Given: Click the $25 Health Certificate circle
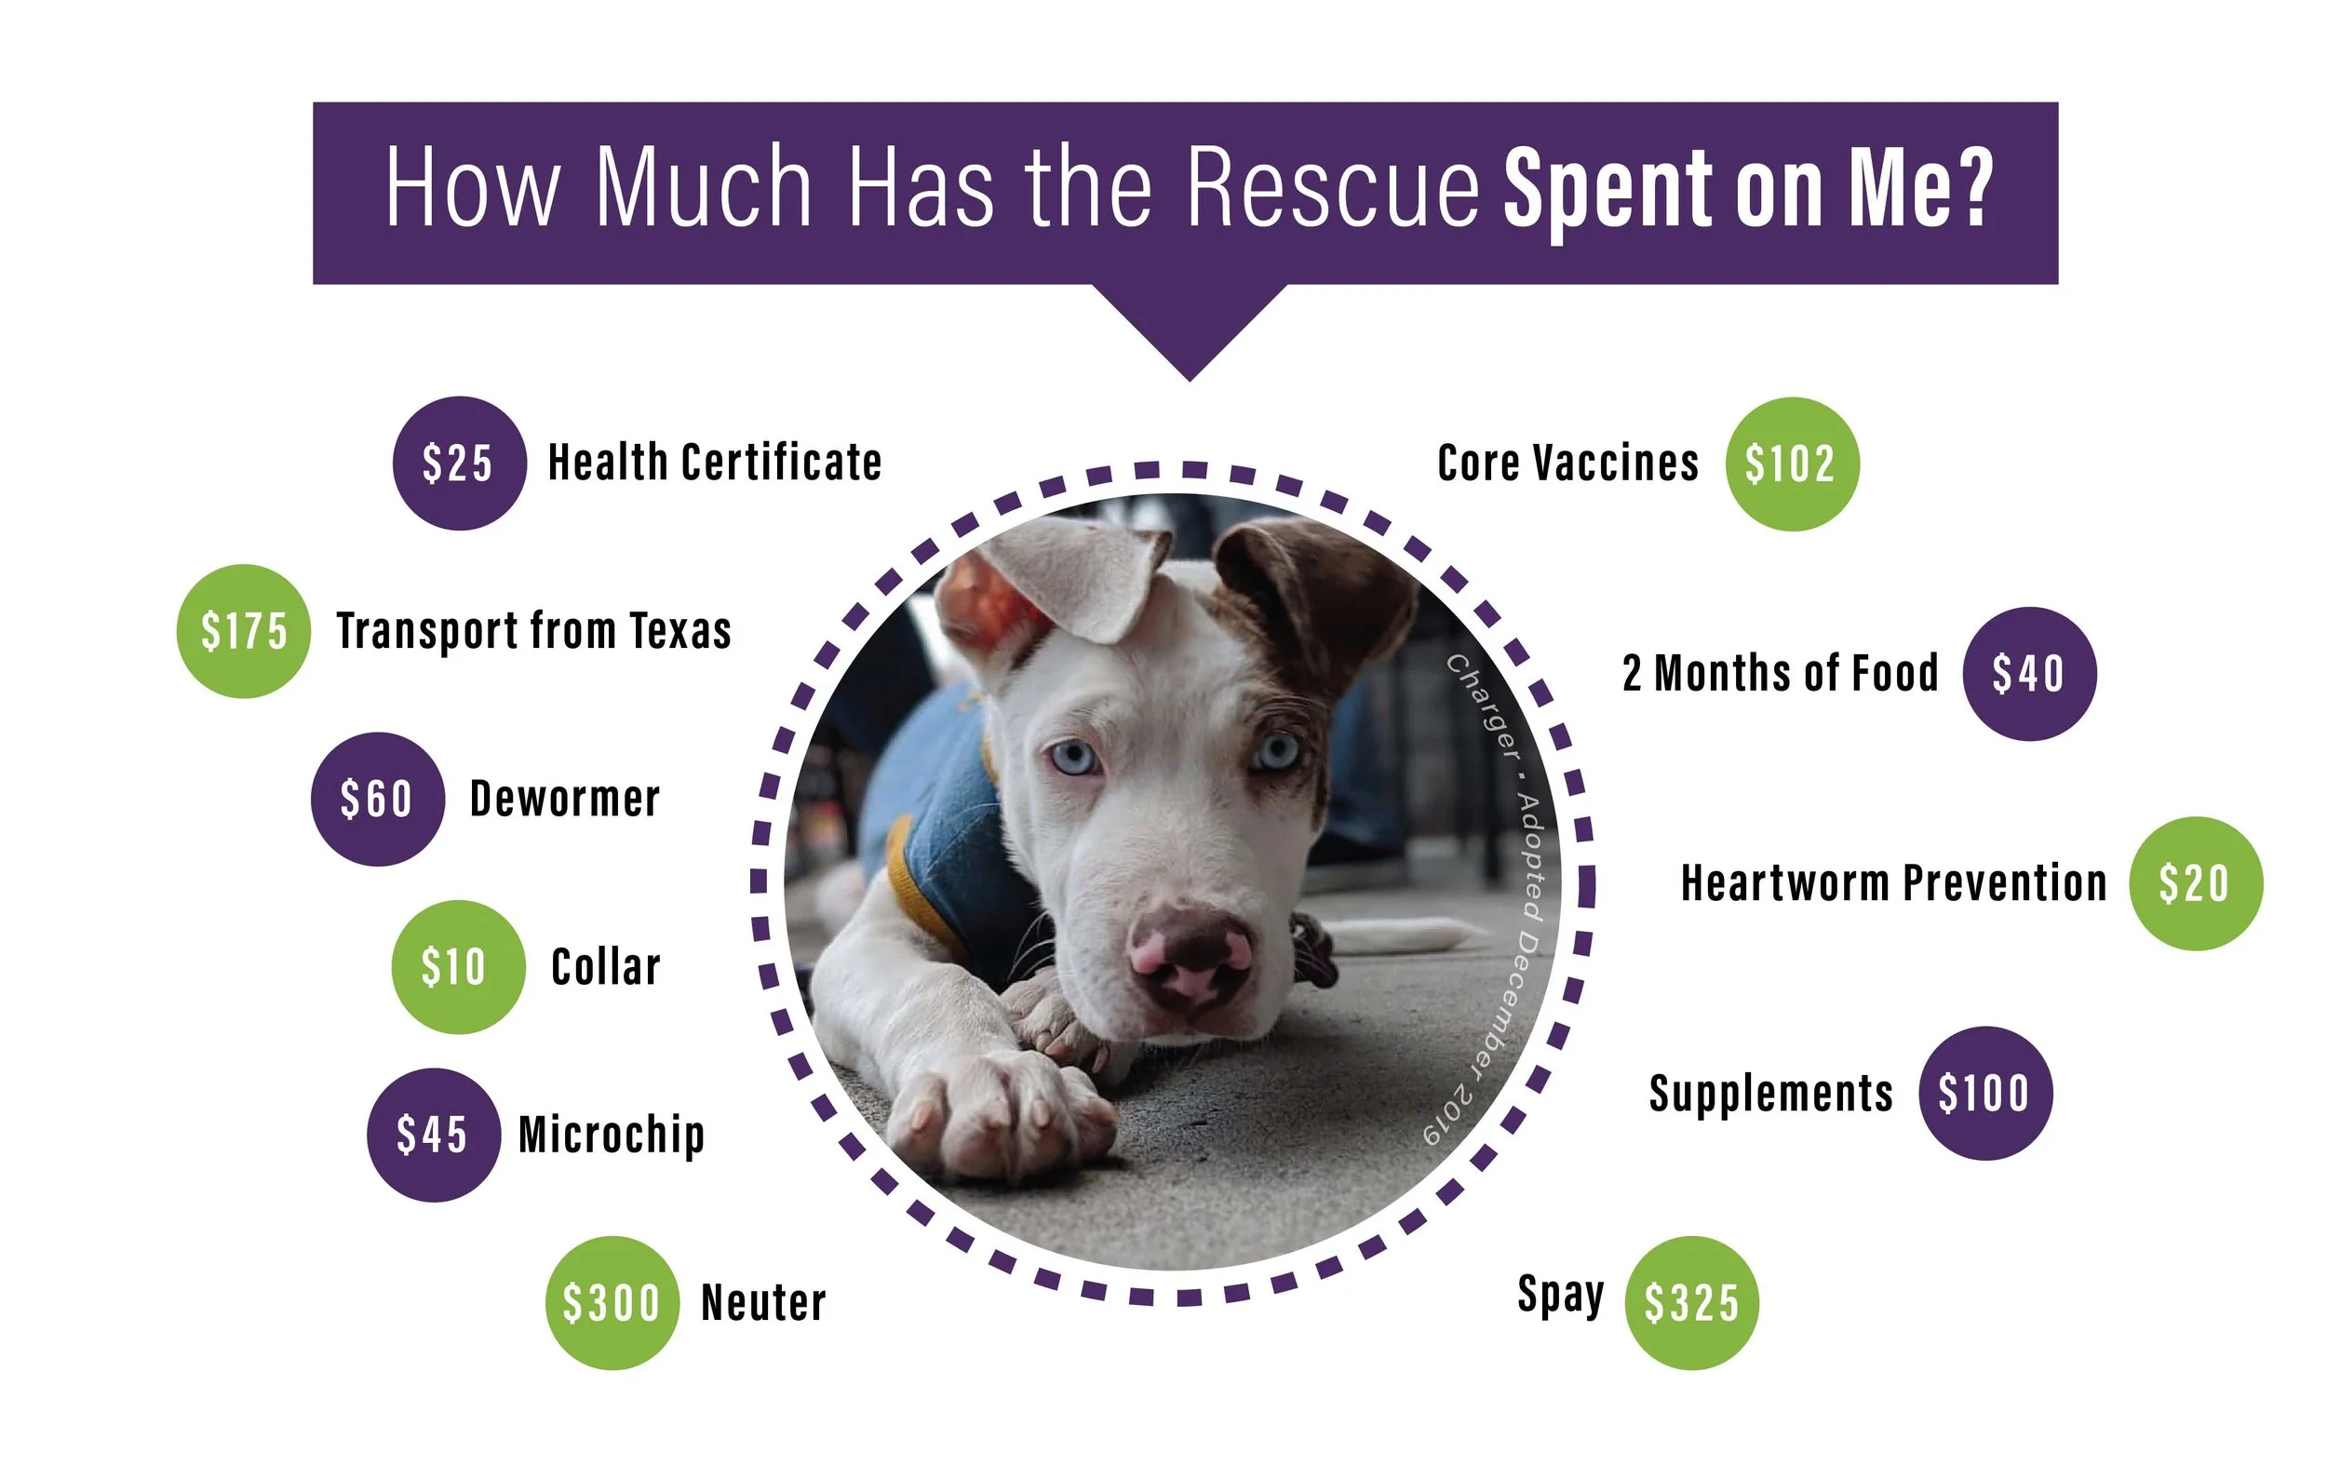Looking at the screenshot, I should [x=459, y=463].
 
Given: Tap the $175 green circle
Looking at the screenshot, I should [x=244, y=631].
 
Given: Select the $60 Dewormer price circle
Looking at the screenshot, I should [x=377, y=800].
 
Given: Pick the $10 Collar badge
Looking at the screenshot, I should [x=457, y=966].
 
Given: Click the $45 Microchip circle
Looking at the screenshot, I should [x=433, y=1135].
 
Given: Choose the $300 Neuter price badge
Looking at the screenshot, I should [x=612, y=1303].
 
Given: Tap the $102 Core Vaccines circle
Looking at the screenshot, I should [x=1792, y=464].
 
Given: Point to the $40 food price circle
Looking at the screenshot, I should [x=2028, y=674].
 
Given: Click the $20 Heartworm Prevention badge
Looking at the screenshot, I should [x=2196, y=883].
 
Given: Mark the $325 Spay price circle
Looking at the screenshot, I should [x=1691, y=1303].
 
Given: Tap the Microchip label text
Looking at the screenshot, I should [x=611, y=1135].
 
